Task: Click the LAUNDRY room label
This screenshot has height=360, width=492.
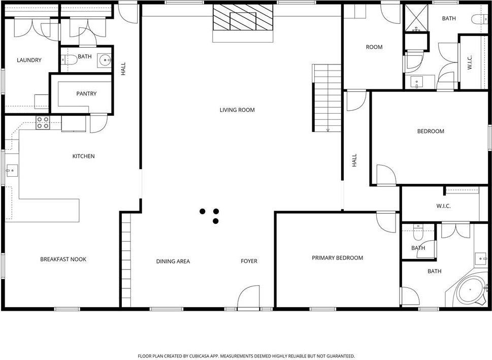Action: (x=29, y=60)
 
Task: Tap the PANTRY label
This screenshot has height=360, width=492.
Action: (x=86, y=93)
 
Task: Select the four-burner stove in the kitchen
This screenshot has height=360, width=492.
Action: (x=43, y=122)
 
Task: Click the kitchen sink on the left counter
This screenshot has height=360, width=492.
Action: (x=12, y=171)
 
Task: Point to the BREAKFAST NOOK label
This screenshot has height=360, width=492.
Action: (x=63, y=259)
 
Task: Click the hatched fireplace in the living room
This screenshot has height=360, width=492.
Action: (x=243, y=17)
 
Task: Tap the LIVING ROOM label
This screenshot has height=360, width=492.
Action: (x=237, y=110)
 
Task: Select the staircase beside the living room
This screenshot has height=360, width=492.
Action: (x=327, y=98)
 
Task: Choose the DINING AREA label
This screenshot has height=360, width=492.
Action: (x=173, y=261)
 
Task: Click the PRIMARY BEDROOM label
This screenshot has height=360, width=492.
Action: (x=337, y=257)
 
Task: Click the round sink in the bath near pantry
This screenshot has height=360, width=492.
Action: (x=105, y=59)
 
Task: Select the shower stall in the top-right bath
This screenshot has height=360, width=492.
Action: (x=416, y=18)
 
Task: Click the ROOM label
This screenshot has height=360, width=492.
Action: (x=374, y=47)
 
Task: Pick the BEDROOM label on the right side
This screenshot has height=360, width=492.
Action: (x=431, y=131)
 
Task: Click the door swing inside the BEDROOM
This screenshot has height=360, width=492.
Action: (x=386, y=175)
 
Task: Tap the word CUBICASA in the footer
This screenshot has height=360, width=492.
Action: (x=199, y=356)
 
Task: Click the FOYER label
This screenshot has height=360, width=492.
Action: (x=249, y=261)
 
